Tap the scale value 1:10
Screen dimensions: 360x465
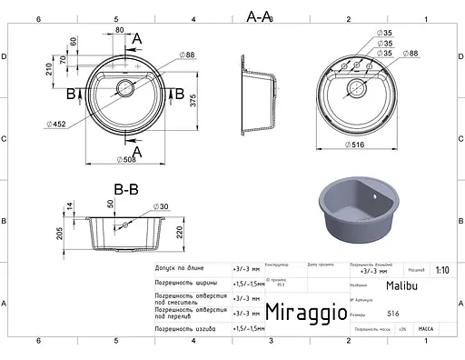tap(441, 269)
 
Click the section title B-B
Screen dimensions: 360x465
tap(125, 190)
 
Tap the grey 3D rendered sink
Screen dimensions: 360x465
tap(359, 216)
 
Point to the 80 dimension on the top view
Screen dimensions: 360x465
tap(119, 30)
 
